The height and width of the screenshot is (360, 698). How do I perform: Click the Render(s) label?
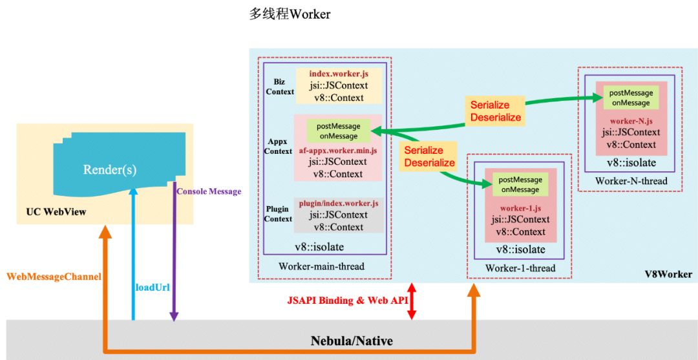pos(109,170)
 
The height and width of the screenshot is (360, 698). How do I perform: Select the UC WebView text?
pos(56,212)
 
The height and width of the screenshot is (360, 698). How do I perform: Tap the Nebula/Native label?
pos(352,341)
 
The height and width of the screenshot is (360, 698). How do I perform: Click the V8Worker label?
pos(668,275)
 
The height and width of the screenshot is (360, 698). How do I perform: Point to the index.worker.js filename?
pos(339,74)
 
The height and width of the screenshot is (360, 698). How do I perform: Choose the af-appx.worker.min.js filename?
pos(338,150)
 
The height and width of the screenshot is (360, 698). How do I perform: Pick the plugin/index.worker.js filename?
pos(338,204)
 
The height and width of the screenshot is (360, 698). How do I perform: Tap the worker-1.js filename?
pos(520,208)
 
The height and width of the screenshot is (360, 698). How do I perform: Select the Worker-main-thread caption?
pos(321,266)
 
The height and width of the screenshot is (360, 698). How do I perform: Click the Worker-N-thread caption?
pos(631,181)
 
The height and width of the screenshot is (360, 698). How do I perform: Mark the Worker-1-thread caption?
pos(520,268)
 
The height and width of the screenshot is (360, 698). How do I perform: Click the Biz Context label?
pos(280,87)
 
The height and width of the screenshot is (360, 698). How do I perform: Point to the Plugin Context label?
pos(279,214)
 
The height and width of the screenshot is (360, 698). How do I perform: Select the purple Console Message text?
pos(209,191)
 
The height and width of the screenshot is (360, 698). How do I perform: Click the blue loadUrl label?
pos(153,287)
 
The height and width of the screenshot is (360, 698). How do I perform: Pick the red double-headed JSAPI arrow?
pos(412,301)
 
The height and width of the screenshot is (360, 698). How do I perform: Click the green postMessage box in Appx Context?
pos(339,131)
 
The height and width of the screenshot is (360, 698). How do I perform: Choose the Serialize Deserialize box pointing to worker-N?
pos(495,111)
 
